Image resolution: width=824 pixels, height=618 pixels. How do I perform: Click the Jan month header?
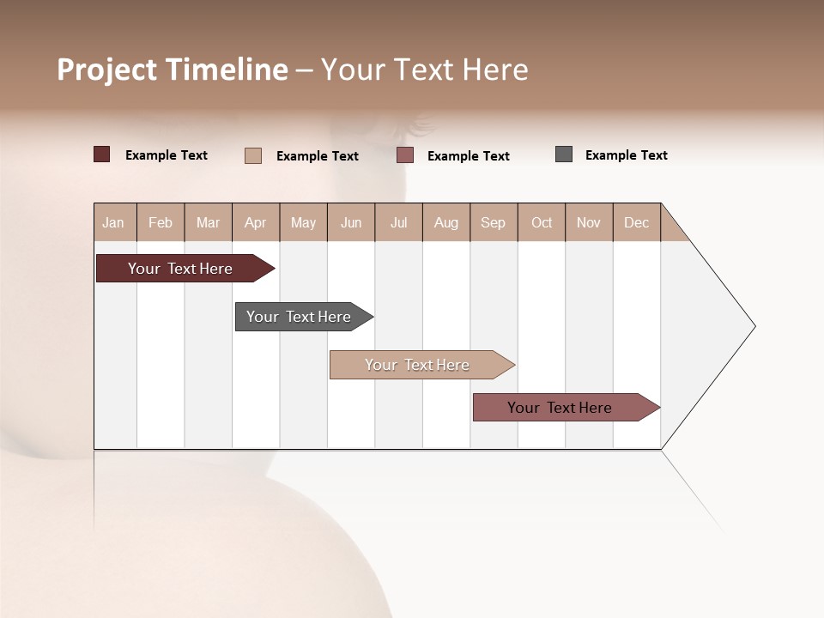coord(114,222)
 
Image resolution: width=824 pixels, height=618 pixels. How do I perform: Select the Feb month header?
coord(161,222)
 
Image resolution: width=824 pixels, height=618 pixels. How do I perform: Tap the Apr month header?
coord(256,222)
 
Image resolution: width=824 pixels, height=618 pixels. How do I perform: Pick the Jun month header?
coord(351,222)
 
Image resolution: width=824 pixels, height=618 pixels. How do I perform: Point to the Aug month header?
coord(446,222)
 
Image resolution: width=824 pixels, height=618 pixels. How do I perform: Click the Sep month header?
coord(494,222)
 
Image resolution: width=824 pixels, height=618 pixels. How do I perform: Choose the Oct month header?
coord(542,222)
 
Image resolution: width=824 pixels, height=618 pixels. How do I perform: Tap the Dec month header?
coord(637,222)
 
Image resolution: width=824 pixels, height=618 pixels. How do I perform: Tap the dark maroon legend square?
coord(102,154)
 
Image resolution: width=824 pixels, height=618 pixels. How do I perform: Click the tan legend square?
coord(253,155)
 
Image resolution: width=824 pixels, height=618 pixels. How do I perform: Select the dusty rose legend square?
coord(405,155)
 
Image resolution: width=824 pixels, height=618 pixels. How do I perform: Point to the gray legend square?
coord(564,154)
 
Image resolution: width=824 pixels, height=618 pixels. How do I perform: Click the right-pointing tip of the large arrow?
coord(751,326)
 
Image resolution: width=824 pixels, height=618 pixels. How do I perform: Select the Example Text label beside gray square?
coord(627,155)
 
